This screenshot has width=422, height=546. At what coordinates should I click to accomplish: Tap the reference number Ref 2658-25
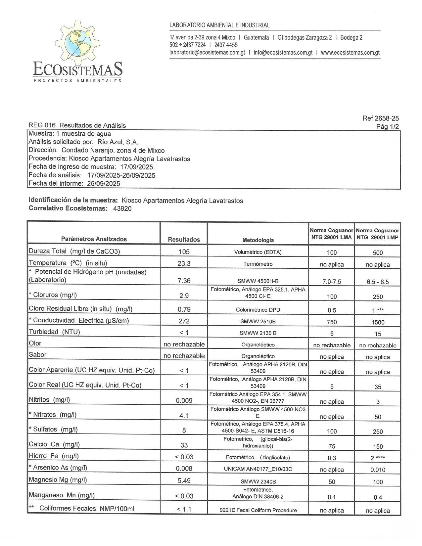(381, 118)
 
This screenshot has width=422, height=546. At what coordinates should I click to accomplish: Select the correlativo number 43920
(122, 208)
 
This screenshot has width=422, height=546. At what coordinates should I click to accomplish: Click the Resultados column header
(184, 239)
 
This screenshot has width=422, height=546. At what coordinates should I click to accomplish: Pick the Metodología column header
(258, 240)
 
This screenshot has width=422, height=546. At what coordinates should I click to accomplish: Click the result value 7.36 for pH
(184, 281)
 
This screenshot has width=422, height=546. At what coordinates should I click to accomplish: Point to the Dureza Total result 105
(184, 252)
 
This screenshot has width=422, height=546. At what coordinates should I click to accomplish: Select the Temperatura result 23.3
(184, 264)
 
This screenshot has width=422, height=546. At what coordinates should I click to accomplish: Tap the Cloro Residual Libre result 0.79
(184, 309)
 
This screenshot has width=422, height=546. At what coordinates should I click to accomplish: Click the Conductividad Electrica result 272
(184, 321)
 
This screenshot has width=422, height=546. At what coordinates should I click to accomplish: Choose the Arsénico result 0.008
(184, 469)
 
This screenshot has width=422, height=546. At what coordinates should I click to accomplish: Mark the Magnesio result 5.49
(184, 480)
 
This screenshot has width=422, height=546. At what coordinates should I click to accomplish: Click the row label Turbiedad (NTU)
(55, 332)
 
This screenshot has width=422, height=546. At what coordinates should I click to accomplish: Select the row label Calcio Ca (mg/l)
(54, 444)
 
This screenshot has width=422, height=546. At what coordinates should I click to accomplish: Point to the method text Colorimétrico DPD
(258, 310)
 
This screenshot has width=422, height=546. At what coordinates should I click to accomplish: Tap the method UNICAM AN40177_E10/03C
(258, 469)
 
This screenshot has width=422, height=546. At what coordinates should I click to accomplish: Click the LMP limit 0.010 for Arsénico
(378, 470)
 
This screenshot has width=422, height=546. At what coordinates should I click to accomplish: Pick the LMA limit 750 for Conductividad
(332, 322)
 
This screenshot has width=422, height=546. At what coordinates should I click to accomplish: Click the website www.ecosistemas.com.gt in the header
(350, 53)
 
